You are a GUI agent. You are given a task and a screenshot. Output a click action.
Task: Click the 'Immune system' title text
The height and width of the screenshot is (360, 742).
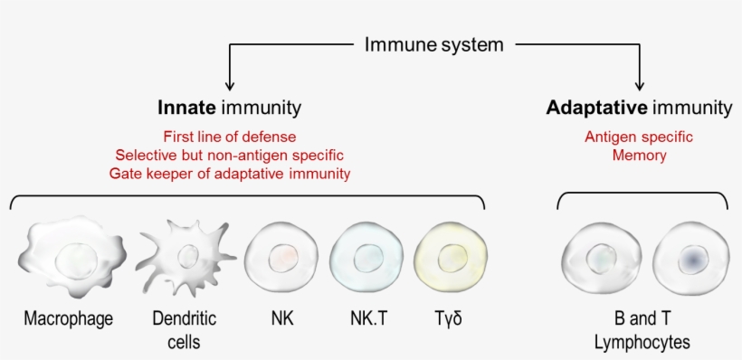(433, 43)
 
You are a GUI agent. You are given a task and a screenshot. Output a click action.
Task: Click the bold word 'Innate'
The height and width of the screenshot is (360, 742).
(187, 108)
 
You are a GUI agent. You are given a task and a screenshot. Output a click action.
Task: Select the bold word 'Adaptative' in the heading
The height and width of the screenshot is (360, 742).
(596, 108)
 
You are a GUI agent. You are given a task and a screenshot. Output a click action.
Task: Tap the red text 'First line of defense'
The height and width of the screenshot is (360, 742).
(229, 137)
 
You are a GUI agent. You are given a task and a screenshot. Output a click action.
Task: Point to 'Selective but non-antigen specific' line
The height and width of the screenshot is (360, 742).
(229, 155)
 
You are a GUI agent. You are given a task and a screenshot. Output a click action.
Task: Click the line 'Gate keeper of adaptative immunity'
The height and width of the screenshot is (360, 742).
(229, 173)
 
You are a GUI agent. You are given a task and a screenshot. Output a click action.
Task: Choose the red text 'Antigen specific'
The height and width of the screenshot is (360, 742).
(638, 137)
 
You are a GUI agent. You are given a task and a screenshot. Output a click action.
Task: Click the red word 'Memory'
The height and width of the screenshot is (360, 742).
(638, 155)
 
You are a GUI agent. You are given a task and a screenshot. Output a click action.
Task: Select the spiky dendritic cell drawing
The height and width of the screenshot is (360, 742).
(187, 257)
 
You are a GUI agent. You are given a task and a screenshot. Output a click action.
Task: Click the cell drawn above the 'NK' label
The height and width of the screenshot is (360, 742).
(281, 258)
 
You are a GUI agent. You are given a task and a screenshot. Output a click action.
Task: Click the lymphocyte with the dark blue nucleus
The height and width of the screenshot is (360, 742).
(692, 260)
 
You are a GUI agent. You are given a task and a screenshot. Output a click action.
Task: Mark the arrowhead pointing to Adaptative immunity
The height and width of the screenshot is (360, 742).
(642, 84)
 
